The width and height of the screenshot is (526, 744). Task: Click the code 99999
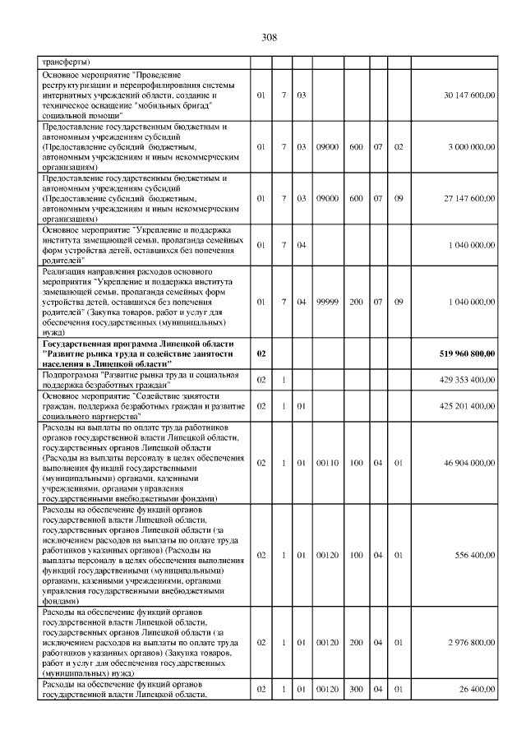(x=327, y=302)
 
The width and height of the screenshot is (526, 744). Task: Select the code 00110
(x=327, y=463)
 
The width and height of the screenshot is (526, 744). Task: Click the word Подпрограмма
(x=70, y=375)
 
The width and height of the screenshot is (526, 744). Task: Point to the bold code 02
(x=261, y=354)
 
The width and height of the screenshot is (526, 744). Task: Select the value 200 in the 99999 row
(x=356, y=302)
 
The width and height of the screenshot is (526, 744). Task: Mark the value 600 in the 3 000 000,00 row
(x=356, y=147)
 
